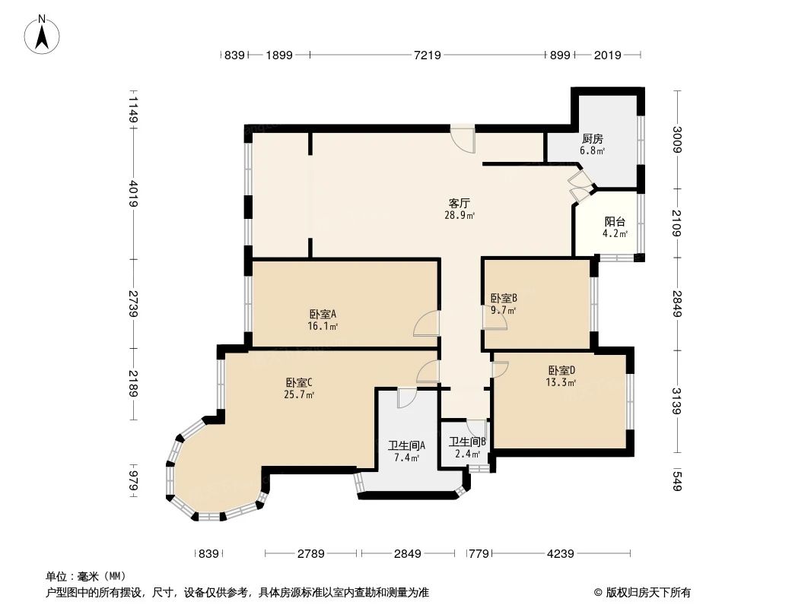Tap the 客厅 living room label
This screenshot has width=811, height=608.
tap(457, 203)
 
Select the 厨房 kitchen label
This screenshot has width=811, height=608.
tap(592, 139)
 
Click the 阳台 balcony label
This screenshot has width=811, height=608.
tap(615, 222)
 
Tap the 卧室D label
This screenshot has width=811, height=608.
tap(561, 371)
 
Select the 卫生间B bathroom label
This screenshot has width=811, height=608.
tap(466, 442)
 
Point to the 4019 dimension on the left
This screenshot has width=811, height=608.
tap(133, 193)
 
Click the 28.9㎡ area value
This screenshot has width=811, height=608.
tap(460, 216)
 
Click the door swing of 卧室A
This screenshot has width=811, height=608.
tap(425, 325)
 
